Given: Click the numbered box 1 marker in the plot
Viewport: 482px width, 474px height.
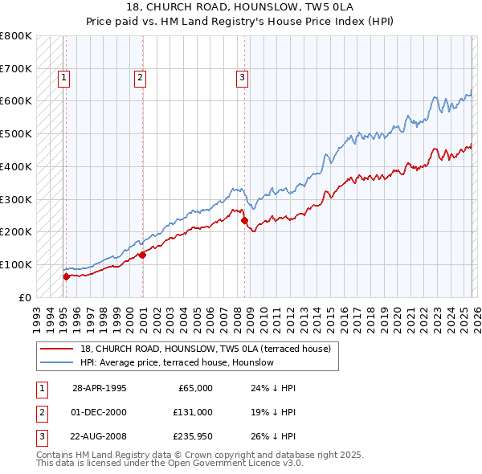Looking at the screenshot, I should (x=63, y=78).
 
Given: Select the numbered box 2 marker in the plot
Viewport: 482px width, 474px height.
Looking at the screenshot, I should (x=140, y=78).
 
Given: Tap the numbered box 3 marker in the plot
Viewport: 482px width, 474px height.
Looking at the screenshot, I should (x=242, y=78).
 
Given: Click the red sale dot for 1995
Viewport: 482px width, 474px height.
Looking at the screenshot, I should (x=66, y=276).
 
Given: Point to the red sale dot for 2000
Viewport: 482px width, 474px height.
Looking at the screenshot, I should (x=142, y=255).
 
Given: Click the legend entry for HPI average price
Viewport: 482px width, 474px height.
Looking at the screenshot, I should (x=177, y=363).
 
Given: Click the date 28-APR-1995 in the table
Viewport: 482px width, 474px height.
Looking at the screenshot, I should (x=100, y=388).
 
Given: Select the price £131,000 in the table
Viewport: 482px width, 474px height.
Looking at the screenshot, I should (x=192, y=413).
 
